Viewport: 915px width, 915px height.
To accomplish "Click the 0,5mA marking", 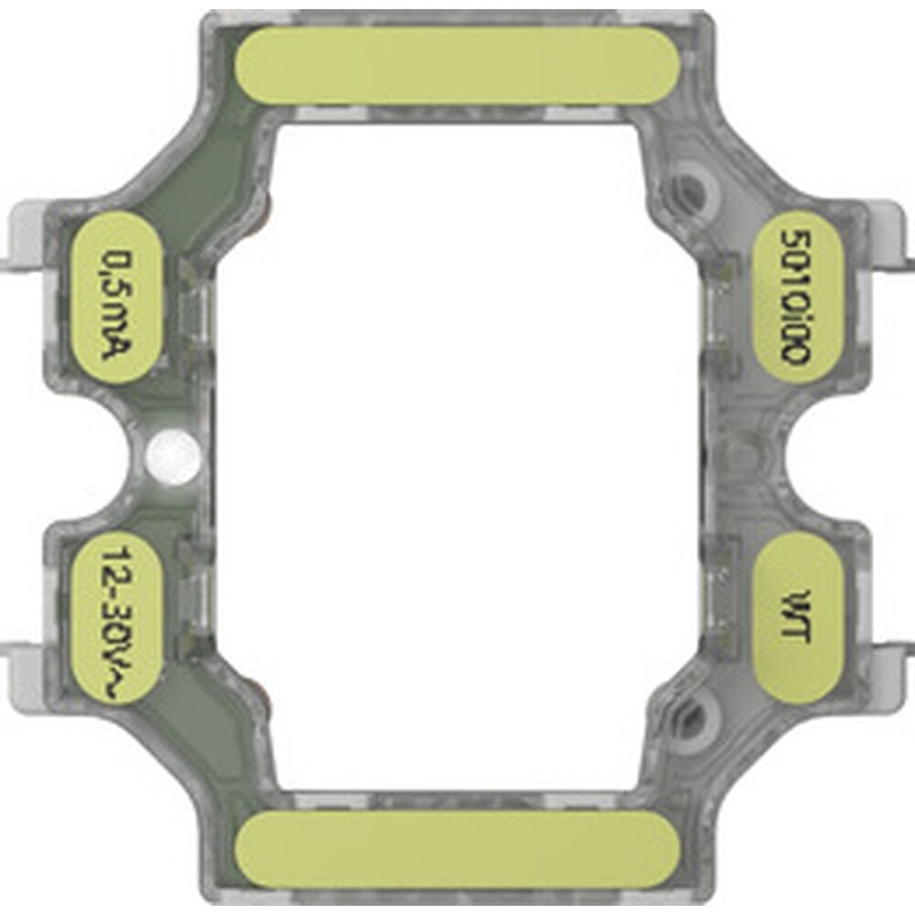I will tap(117, 298).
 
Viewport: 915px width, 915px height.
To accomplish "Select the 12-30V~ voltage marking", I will tap(117, 619).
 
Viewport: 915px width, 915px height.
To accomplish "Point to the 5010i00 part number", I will tap(795, 297).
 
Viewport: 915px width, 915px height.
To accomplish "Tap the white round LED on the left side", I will tap(174, 452).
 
